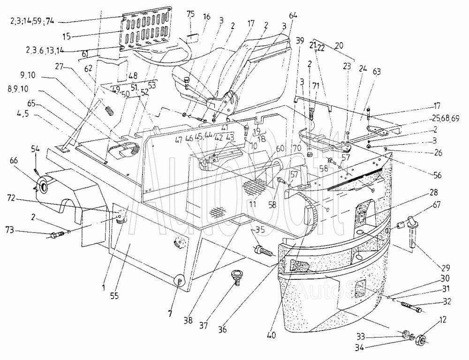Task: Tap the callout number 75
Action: [190, 14]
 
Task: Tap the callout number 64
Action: [293, 16]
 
